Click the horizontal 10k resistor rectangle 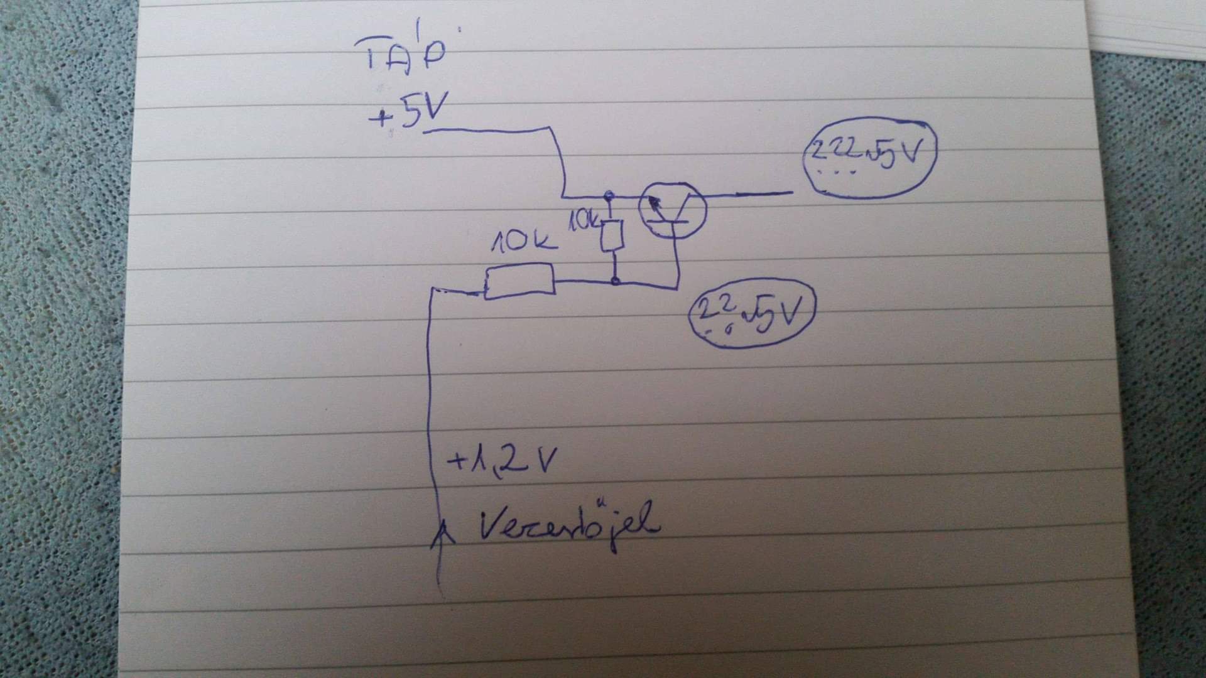click(519, 281)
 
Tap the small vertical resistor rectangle click(611, 235)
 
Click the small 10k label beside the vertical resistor click(584, 221)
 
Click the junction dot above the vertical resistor click(608, 196)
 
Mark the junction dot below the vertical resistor click(616, 281)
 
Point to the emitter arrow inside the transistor click(655, 203)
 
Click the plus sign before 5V click(380, 118)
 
